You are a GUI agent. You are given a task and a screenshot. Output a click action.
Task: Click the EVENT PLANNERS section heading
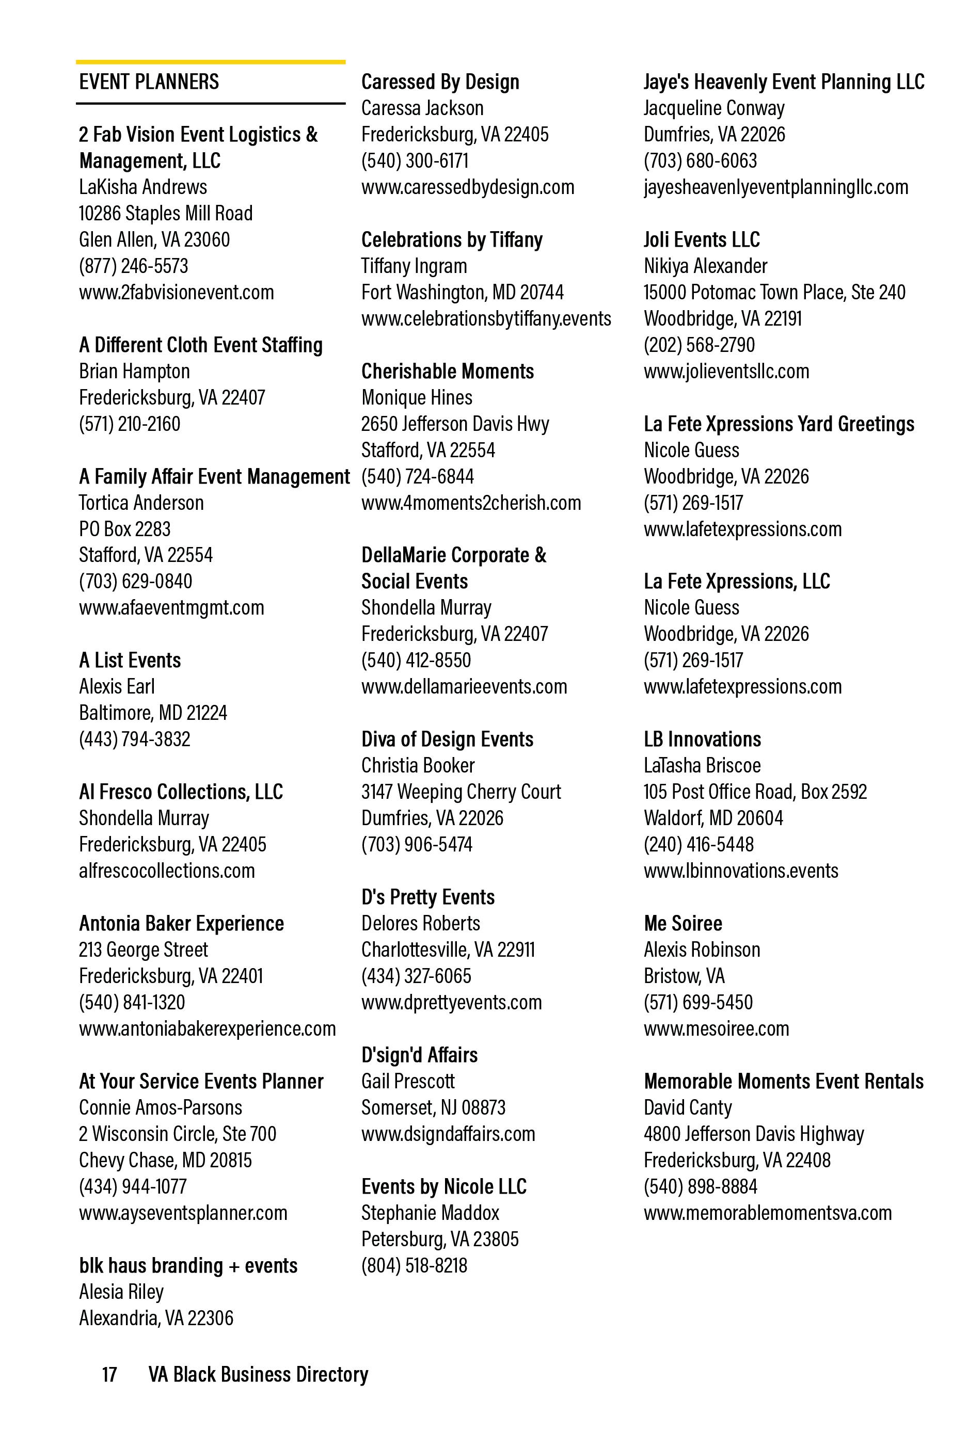click(x=149, y=82)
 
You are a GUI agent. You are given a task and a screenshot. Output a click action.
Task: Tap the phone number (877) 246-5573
click(x=133, y=266)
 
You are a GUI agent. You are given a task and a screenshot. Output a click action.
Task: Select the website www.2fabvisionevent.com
click(x=177, y=292)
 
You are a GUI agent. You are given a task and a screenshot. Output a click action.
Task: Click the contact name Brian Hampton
click(x=134, y=372)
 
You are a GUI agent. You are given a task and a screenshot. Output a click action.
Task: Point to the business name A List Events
click(x=130, y=661)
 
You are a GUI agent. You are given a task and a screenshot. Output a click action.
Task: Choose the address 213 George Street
click(x=143, y=950)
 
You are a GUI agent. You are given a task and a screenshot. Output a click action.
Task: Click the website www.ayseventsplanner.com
click(x=183, y=1213)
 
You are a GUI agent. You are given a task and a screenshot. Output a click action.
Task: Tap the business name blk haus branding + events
click(x=188, y=1266)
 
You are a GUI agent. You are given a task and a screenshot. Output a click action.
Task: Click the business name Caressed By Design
click(x=440, y=82)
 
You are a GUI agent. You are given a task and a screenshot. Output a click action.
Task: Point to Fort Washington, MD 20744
click(x=463, y=292)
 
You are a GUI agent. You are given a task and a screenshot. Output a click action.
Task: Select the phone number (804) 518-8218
click(x=415, y=1266)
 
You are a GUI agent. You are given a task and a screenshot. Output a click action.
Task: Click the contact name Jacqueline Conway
click(x=714, y=108)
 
